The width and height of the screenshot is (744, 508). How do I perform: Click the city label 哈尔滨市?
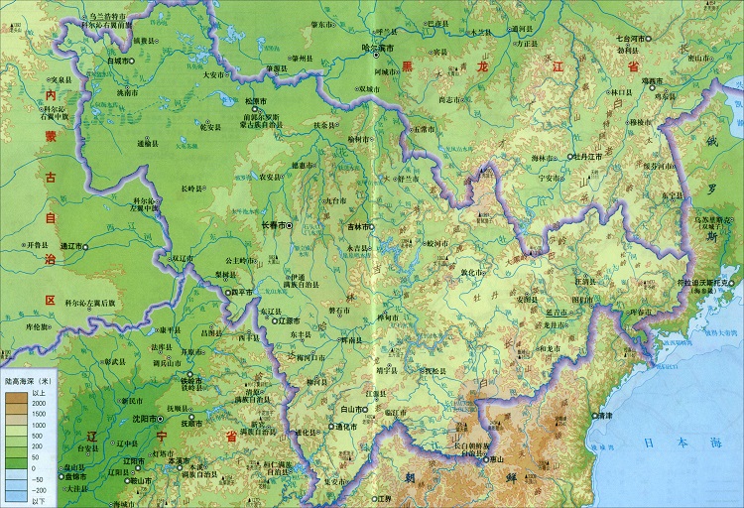378,47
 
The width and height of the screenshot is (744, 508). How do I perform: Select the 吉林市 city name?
358,226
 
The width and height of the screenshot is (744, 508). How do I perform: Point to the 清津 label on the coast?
612,417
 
